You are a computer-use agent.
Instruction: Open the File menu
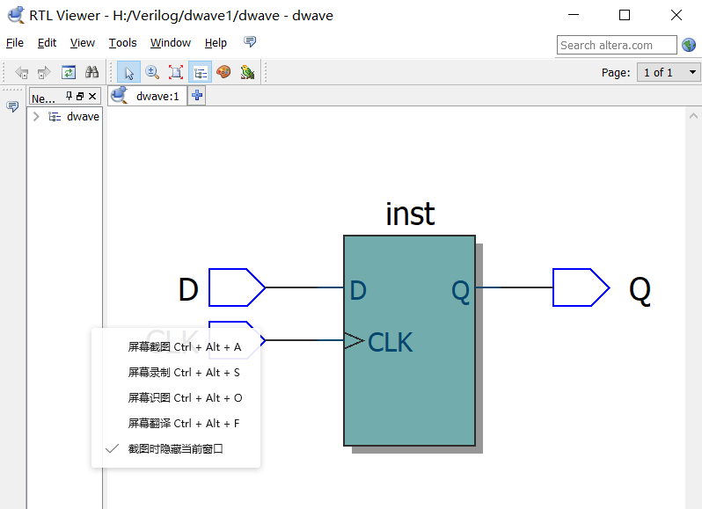click(15, 43)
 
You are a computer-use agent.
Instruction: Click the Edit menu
click(47, 43)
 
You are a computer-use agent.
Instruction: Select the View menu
click(83, 43)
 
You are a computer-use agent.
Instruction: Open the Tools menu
click(123, 43)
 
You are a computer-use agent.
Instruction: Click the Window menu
click(170, 43)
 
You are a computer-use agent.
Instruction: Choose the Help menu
click(216, 43)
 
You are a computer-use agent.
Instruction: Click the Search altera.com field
click(616, 45)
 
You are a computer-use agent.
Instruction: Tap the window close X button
click(676, 15)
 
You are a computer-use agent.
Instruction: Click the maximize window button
click(625, 15)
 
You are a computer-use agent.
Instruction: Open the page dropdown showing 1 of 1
click(669, 72)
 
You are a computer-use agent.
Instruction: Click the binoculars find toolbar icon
click(91, 73)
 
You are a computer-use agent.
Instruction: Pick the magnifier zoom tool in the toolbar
click(151, 73)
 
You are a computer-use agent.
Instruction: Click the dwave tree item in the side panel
click(83, 117)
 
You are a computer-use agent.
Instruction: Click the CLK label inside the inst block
click(390, 341)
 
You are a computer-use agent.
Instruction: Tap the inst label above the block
click(410, 214)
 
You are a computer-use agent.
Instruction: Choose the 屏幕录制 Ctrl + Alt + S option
click(184, 373)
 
